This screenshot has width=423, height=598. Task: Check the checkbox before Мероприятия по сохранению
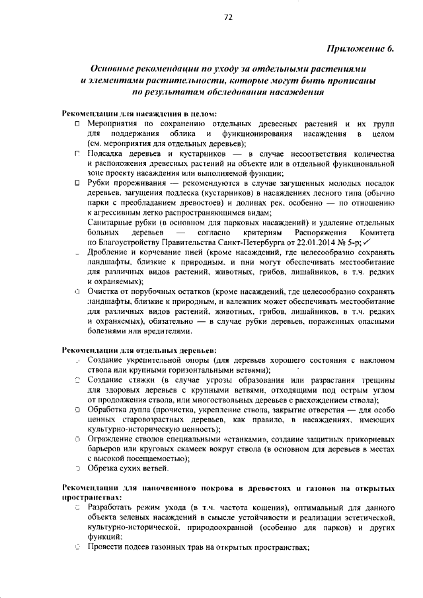pos(77,124)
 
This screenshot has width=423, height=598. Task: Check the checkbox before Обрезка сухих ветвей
pos(77,469)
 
